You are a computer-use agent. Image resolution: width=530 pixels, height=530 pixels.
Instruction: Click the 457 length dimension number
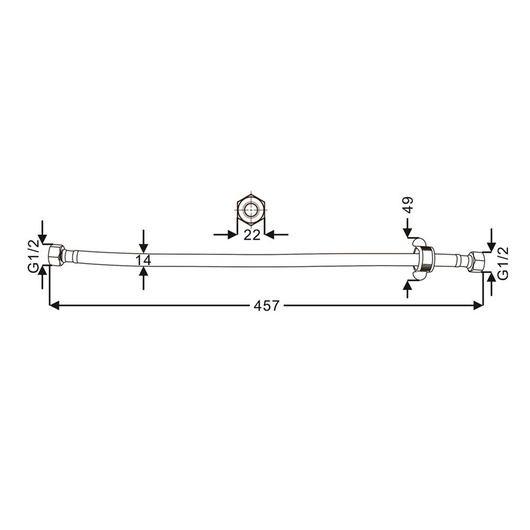tap(267, 306)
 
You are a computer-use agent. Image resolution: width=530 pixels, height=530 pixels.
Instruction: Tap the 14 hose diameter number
tap(143, 260)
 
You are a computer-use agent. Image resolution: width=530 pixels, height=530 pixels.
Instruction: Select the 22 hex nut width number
tap(252, 235)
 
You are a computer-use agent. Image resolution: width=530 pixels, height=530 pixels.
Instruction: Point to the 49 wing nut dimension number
tap(408, 205)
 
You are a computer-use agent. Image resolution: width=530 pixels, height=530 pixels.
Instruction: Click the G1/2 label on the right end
tap(503, 263)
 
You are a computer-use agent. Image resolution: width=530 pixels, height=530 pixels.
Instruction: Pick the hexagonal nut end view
tap(251, 209)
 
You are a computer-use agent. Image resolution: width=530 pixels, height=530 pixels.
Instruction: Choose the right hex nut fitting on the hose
tap(476, 262)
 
